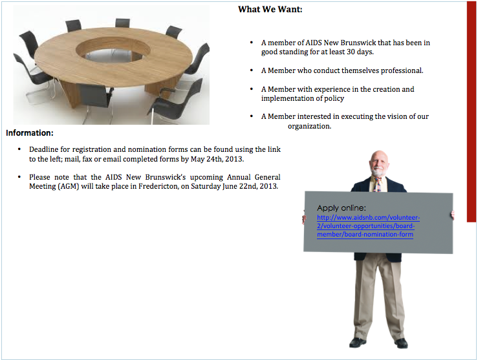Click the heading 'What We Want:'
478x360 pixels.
tap(270, 10)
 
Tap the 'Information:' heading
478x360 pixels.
tap(30, 132)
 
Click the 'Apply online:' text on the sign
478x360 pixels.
tap(341, 208)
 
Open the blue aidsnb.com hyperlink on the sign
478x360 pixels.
tap(368, 226)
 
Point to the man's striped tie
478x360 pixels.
tap(377, 185)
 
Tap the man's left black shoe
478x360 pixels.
tap(358, 343)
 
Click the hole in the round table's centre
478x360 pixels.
tap(113, 52)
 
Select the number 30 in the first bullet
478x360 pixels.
tap(351, 52)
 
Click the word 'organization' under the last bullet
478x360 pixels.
tap(309, 126)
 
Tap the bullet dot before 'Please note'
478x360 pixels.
tap(19, 176)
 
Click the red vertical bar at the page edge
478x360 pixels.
tap(472, 112)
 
